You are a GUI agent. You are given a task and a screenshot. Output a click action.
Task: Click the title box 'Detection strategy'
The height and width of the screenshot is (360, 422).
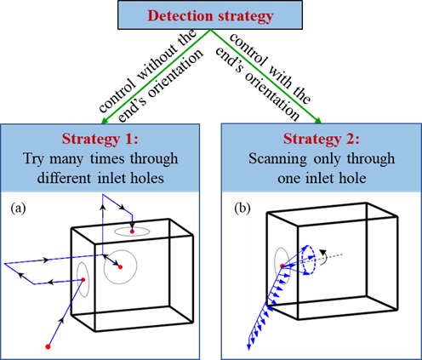pos(210,14)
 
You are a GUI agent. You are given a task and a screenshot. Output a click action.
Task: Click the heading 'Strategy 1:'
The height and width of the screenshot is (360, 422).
pos(100,139)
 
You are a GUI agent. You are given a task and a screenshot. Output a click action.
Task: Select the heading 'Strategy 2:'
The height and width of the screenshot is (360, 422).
pos(322,139)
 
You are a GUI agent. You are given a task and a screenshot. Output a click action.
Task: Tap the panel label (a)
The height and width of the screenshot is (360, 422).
pos(18,209)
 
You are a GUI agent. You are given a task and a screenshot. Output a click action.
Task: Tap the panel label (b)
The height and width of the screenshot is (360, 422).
pos(242,209)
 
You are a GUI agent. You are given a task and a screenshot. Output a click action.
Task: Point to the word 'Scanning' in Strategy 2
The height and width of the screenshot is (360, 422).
pos(277,159)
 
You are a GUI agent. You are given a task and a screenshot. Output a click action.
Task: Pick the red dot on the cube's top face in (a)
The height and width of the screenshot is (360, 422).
pos(132,231)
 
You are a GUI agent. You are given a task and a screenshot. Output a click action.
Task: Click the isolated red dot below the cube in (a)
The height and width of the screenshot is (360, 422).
pos(48,346)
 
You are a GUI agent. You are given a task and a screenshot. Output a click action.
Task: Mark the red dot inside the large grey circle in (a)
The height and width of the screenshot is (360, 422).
pos(120,267)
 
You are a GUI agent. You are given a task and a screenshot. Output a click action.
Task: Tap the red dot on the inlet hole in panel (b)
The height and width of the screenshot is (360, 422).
pos(282,266)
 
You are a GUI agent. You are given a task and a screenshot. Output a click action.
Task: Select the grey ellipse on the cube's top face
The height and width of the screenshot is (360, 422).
pos(132,227)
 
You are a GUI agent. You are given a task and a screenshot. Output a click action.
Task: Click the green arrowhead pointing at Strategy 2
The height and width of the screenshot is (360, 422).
pos(317,121)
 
